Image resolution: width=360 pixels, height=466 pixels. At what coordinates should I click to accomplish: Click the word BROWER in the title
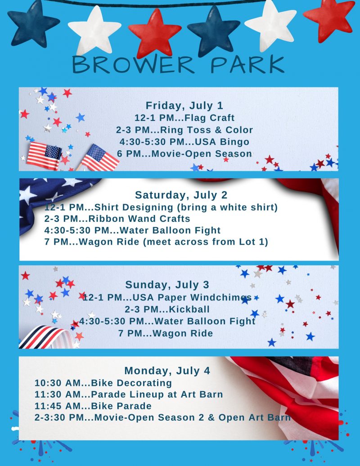click(x=134, y=64)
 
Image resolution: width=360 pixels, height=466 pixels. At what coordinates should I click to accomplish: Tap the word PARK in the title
click(x=247, y=64)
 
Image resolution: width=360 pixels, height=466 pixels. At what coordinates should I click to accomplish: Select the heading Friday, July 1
click(x=184, y=106)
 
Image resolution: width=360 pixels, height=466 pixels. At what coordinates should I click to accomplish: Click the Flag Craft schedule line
click(x=184, y=118)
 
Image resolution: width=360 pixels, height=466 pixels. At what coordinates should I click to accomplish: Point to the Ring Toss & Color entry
click(x=184, y=130)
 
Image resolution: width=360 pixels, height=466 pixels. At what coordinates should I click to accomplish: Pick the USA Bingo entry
click(x=184, y=142)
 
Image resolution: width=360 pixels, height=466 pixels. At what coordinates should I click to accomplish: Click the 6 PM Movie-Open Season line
click(x=184, y=154)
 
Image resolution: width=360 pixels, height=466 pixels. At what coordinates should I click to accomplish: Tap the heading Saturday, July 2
click(x=181, y=195)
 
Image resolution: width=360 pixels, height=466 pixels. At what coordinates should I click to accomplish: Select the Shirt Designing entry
click(x=161, y=207)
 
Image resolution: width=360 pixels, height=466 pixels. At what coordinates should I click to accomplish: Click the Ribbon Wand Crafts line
click(x=117, y=219)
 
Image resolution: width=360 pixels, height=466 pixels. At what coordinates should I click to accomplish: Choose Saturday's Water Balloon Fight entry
click(x=132, y=230)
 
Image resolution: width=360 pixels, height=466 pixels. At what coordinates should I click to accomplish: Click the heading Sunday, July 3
click(x=167, y=285)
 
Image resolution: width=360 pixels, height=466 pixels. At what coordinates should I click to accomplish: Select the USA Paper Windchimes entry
click(x=167, y=297)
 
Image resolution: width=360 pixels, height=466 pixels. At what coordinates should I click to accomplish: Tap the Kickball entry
click(x=167, y=309)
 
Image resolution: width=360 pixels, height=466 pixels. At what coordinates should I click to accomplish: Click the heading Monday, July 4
click(x=167, y=371)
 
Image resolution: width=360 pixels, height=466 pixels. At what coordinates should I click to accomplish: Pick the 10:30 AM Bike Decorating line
click(x=103, y=383)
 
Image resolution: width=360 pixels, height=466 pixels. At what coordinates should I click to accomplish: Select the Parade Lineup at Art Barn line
click(x=129, y=394)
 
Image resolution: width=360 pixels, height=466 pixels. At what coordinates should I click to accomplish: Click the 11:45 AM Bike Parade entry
click(x=93, y=406)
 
